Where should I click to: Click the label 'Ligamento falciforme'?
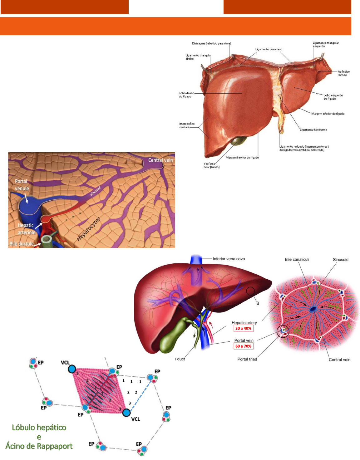(313, 130)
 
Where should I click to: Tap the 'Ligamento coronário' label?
(269, 49)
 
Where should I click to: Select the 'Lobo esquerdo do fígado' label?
(333, 97)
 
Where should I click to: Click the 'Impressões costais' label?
(186, 125)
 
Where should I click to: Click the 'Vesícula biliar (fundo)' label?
(211, 165)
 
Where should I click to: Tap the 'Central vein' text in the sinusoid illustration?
(160, 160)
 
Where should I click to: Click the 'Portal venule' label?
(22, 185)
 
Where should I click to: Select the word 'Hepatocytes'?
(89, 229)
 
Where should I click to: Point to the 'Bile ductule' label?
(21, 244)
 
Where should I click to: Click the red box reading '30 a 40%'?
(243, 328)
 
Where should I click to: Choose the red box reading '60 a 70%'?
(243, 346)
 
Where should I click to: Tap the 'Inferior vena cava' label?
(229, 259)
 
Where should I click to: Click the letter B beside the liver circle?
(258, 303)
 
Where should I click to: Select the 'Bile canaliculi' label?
(297, 259)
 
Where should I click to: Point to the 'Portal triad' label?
(247, 359)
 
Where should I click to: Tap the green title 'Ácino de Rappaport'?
(39, 446)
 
